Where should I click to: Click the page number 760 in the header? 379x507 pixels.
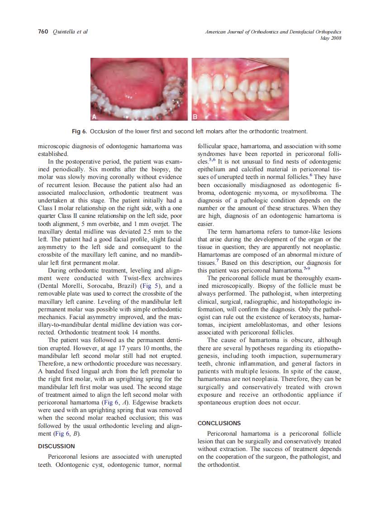coord(43,32)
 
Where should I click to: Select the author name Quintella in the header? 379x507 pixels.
coord(63,32)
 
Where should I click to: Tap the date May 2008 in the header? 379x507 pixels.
coord(330,38)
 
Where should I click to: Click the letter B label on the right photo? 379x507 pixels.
coord(195,117)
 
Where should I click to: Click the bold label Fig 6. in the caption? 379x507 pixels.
coord(80,131)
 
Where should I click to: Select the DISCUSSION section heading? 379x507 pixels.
coord(56,446)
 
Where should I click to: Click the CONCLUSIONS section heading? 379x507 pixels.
coord(219,423)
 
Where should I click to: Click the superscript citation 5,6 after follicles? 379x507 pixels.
coord(212,160)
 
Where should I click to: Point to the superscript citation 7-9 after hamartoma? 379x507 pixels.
coord(306,269)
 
